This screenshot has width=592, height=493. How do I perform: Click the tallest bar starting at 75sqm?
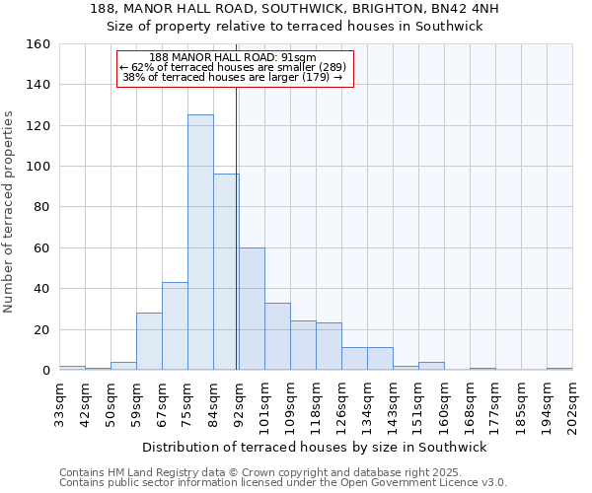tap(200, 243)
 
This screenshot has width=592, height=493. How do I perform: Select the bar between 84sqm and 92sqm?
tap(226, 272)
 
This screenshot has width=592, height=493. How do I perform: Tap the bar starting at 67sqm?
tap(175, 326)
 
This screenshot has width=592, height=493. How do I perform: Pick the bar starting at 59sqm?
tap(149, 341)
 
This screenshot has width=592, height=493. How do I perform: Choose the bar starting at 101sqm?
tap(277, 336)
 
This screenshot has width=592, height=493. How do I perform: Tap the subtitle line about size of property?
tap(295, 27)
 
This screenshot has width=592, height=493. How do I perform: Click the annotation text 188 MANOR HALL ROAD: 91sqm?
tap(233, 58)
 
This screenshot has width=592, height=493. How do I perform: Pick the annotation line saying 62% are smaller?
tap(233, 67)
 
